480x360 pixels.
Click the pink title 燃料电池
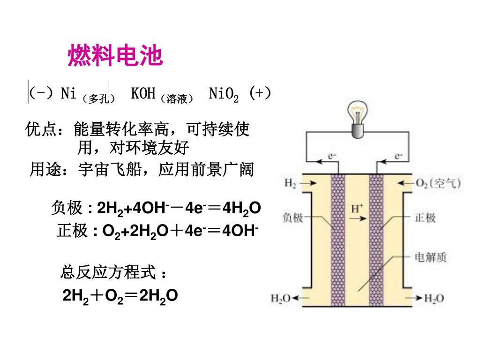(x=115, y=56)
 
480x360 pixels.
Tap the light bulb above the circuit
(x=359, y=120)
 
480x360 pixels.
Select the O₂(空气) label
(x=439, y=183)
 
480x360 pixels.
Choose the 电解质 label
(x=431, y=256)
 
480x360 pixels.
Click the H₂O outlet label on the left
(x=281, y=298)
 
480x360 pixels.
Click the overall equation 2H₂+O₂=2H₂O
(x=120, y=296)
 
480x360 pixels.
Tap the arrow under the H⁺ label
(x=358, y=218)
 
